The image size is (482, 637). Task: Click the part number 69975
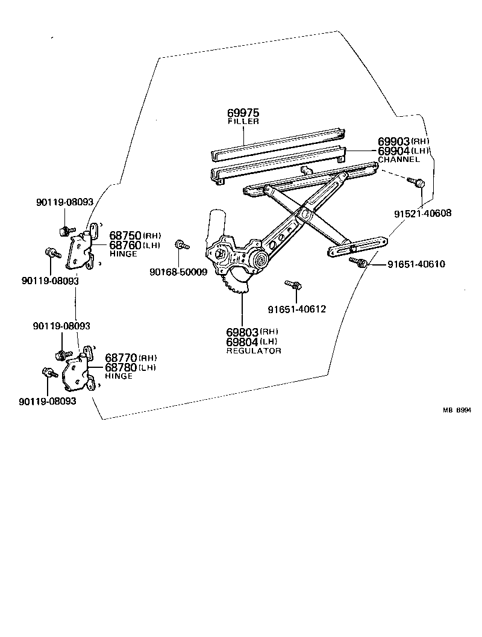tap(243, 113)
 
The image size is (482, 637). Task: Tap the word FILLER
tap(243, 122)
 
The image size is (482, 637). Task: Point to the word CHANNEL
tap(398, 160)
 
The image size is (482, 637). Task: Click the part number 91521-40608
tap(423, 213)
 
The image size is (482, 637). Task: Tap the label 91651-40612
tap(296, 309)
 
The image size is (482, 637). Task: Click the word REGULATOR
tap(254, 350)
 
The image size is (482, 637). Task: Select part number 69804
tap(242, 341)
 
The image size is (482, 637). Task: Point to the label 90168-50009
tap(178, 272)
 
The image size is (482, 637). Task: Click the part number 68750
tap(125, 235)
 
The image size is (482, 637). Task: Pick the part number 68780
tap(121, 367)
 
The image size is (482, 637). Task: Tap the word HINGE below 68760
tap(123, 254)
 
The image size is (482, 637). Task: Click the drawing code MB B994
tap(457, 410)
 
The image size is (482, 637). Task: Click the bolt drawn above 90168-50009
tap(181, 244)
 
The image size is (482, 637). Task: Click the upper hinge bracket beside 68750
tap(83, 247)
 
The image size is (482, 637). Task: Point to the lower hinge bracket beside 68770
tap(78, 370)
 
